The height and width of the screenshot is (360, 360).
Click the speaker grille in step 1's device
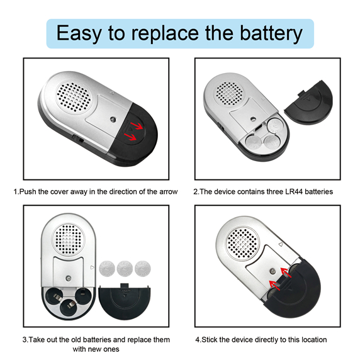(x=74, y=97)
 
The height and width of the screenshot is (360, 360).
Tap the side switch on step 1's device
(x=77, y=139)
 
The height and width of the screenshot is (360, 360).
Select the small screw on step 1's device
(x=113, y=119)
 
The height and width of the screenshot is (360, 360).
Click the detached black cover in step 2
(x=309, y=102)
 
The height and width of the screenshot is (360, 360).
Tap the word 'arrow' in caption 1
(x=169, y=191)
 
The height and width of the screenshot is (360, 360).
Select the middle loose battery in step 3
(x=125, y=268)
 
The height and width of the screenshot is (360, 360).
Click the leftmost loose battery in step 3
(x=107, y=268)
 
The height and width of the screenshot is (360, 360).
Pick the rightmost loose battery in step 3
(x=143, y=268)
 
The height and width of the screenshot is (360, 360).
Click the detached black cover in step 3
(x=125, y=301)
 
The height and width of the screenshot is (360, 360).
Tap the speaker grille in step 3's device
(x=68, y=240)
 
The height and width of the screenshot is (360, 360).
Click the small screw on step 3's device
(x=68, y=278)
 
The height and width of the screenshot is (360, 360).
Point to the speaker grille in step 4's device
(x=242, y=244)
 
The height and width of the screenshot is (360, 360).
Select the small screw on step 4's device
(x=273, y=271)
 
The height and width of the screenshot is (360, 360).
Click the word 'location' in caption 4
(x=314, y=340)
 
